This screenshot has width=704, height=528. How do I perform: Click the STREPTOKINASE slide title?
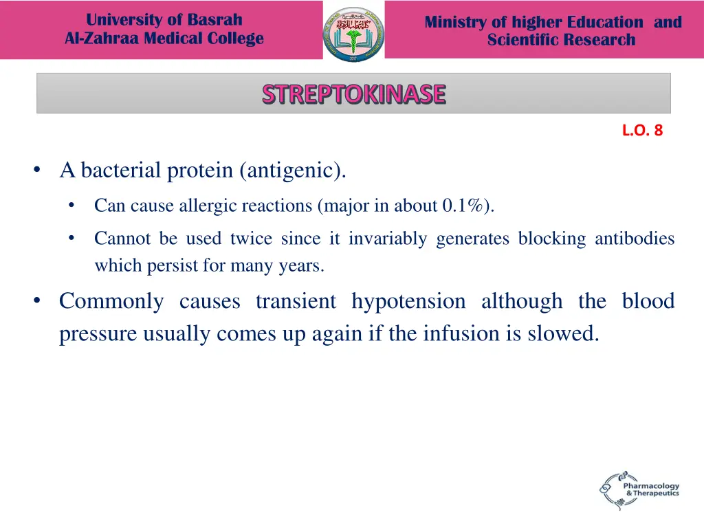click(x=353, y=93)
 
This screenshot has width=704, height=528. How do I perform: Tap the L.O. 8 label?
click(x=642, y=131)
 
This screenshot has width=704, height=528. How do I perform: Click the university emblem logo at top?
click(x=353, y=32)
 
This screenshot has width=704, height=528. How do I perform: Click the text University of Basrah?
click(x=164, y=20)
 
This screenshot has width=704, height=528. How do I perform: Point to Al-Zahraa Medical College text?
click(x=164, y=38)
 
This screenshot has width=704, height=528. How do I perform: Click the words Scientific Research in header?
click(x=561, y=40)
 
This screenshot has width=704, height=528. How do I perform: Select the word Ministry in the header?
click(x=456, y=22)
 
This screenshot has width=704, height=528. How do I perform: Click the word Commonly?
click(x=111, y=301)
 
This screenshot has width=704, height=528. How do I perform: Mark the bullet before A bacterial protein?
click(x=37, y=170)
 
